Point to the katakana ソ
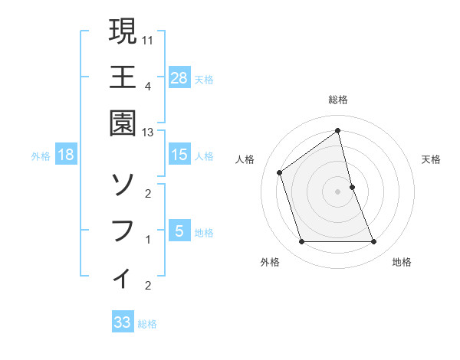coord(123,184)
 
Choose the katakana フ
coord(123,230)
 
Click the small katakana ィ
coord(123,277)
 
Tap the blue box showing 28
coord(179,77)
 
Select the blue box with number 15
coord(179,155)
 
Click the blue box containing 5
coord(179,231)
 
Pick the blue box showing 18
coord(66,155)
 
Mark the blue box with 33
coord(122,322)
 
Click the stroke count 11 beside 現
coord(148,39)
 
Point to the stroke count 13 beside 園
coord(148,133)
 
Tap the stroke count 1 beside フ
coord(148,240)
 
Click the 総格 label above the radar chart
coord(337,100)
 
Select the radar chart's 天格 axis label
coord(432,159)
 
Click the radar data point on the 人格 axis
coord(280,172)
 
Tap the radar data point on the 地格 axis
coord(373,242)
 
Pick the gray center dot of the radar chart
coord(337,191)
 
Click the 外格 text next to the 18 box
coord(41,155)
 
